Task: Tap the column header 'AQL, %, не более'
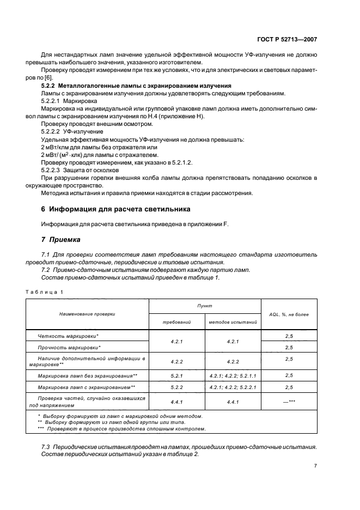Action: [289, 314]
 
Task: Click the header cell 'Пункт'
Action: [205, 306]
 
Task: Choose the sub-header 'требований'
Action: [176, 322]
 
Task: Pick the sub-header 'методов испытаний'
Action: [233, 322]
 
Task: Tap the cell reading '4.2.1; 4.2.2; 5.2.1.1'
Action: [233, 376]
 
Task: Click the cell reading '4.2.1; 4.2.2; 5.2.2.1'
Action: [233, 387]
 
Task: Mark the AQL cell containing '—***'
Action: [289, 401]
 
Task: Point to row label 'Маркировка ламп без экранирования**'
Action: [87, 376]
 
